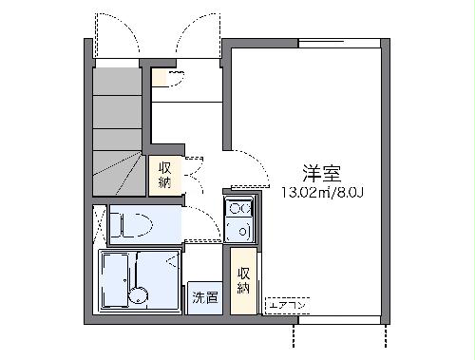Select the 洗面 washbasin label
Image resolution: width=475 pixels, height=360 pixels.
(x=204, y=297)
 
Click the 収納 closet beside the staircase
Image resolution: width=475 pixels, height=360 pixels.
(x=165, y=174)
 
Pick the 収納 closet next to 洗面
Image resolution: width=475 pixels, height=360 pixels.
(x=244, y=279)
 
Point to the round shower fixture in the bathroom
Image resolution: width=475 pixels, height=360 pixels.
(x=142, y=294)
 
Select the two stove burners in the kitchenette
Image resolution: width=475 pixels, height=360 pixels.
(x=237, y=209)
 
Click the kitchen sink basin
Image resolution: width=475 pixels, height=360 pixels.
(x=237, y=229)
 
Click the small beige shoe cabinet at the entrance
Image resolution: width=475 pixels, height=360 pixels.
(x=168, y=78)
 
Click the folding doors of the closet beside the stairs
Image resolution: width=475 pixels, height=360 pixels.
(x=190, y=174)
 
